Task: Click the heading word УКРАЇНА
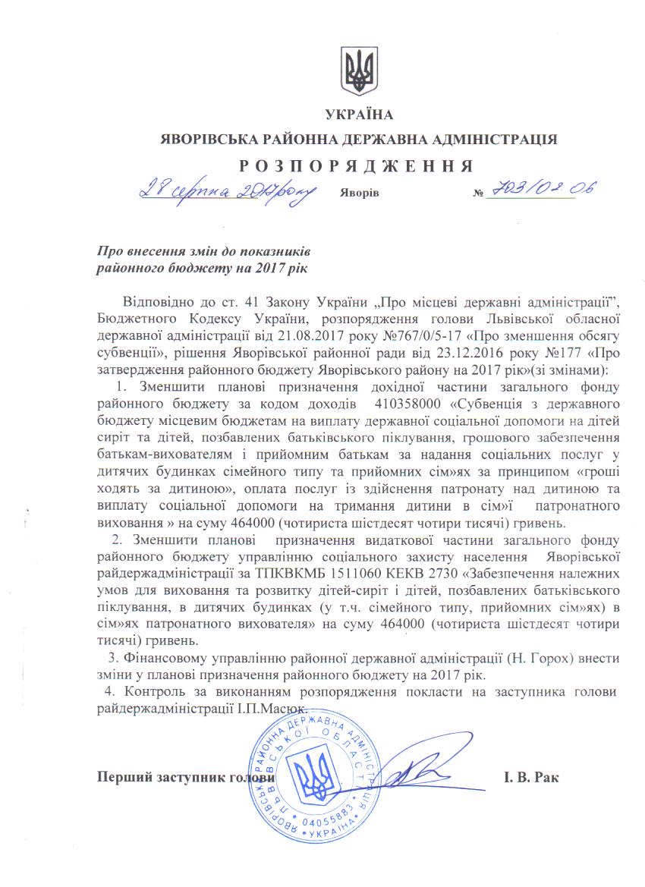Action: (360, 116)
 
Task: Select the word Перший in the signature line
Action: (124, 778)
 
